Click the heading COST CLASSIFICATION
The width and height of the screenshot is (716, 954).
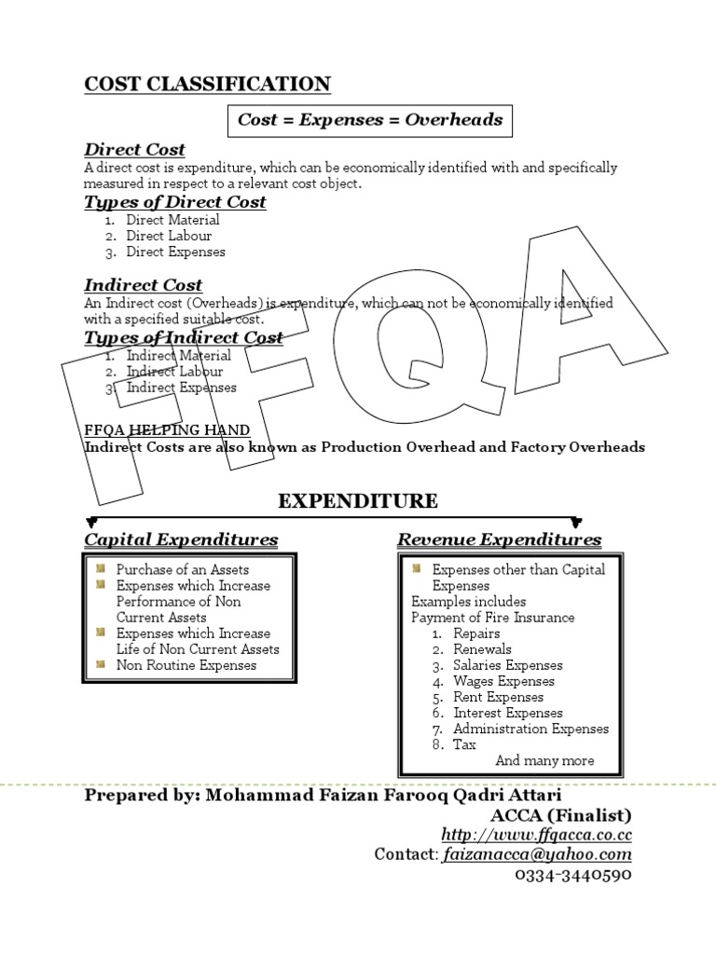pos(207,84)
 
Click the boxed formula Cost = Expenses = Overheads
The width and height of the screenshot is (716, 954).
pos(370,119)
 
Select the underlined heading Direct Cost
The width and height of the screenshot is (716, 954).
pos(134,149)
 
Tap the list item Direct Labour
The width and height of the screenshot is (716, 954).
pos(169,236)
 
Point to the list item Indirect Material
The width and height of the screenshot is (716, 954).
pos(178,355)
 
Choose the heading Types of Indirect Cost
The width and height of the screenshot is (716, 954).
pos(184,337)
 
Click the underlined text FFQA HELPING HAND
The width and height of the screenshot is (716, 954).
pos(167,429)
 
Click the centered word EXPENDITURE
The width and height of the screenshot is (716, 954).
pos(358,501)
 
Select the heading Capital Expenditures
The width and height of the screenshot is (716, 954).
pos(181,539)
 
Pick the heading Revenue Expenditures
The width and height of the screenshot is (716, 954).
pos(499,539)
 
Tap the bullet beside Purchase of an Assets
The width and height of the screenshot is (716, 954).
pos(102,568)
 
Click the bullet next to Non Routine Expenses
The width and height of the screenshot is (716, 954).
pos(102,664)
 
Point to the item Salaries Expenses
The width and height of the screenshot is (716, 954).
pos(508,665)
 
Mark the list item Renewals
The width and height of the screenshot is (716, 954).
pos(482,649)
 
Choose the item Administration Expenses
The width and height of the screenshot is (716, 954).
pos(530,729)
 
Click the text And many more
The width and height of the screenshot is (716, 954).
pos(544,760)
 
